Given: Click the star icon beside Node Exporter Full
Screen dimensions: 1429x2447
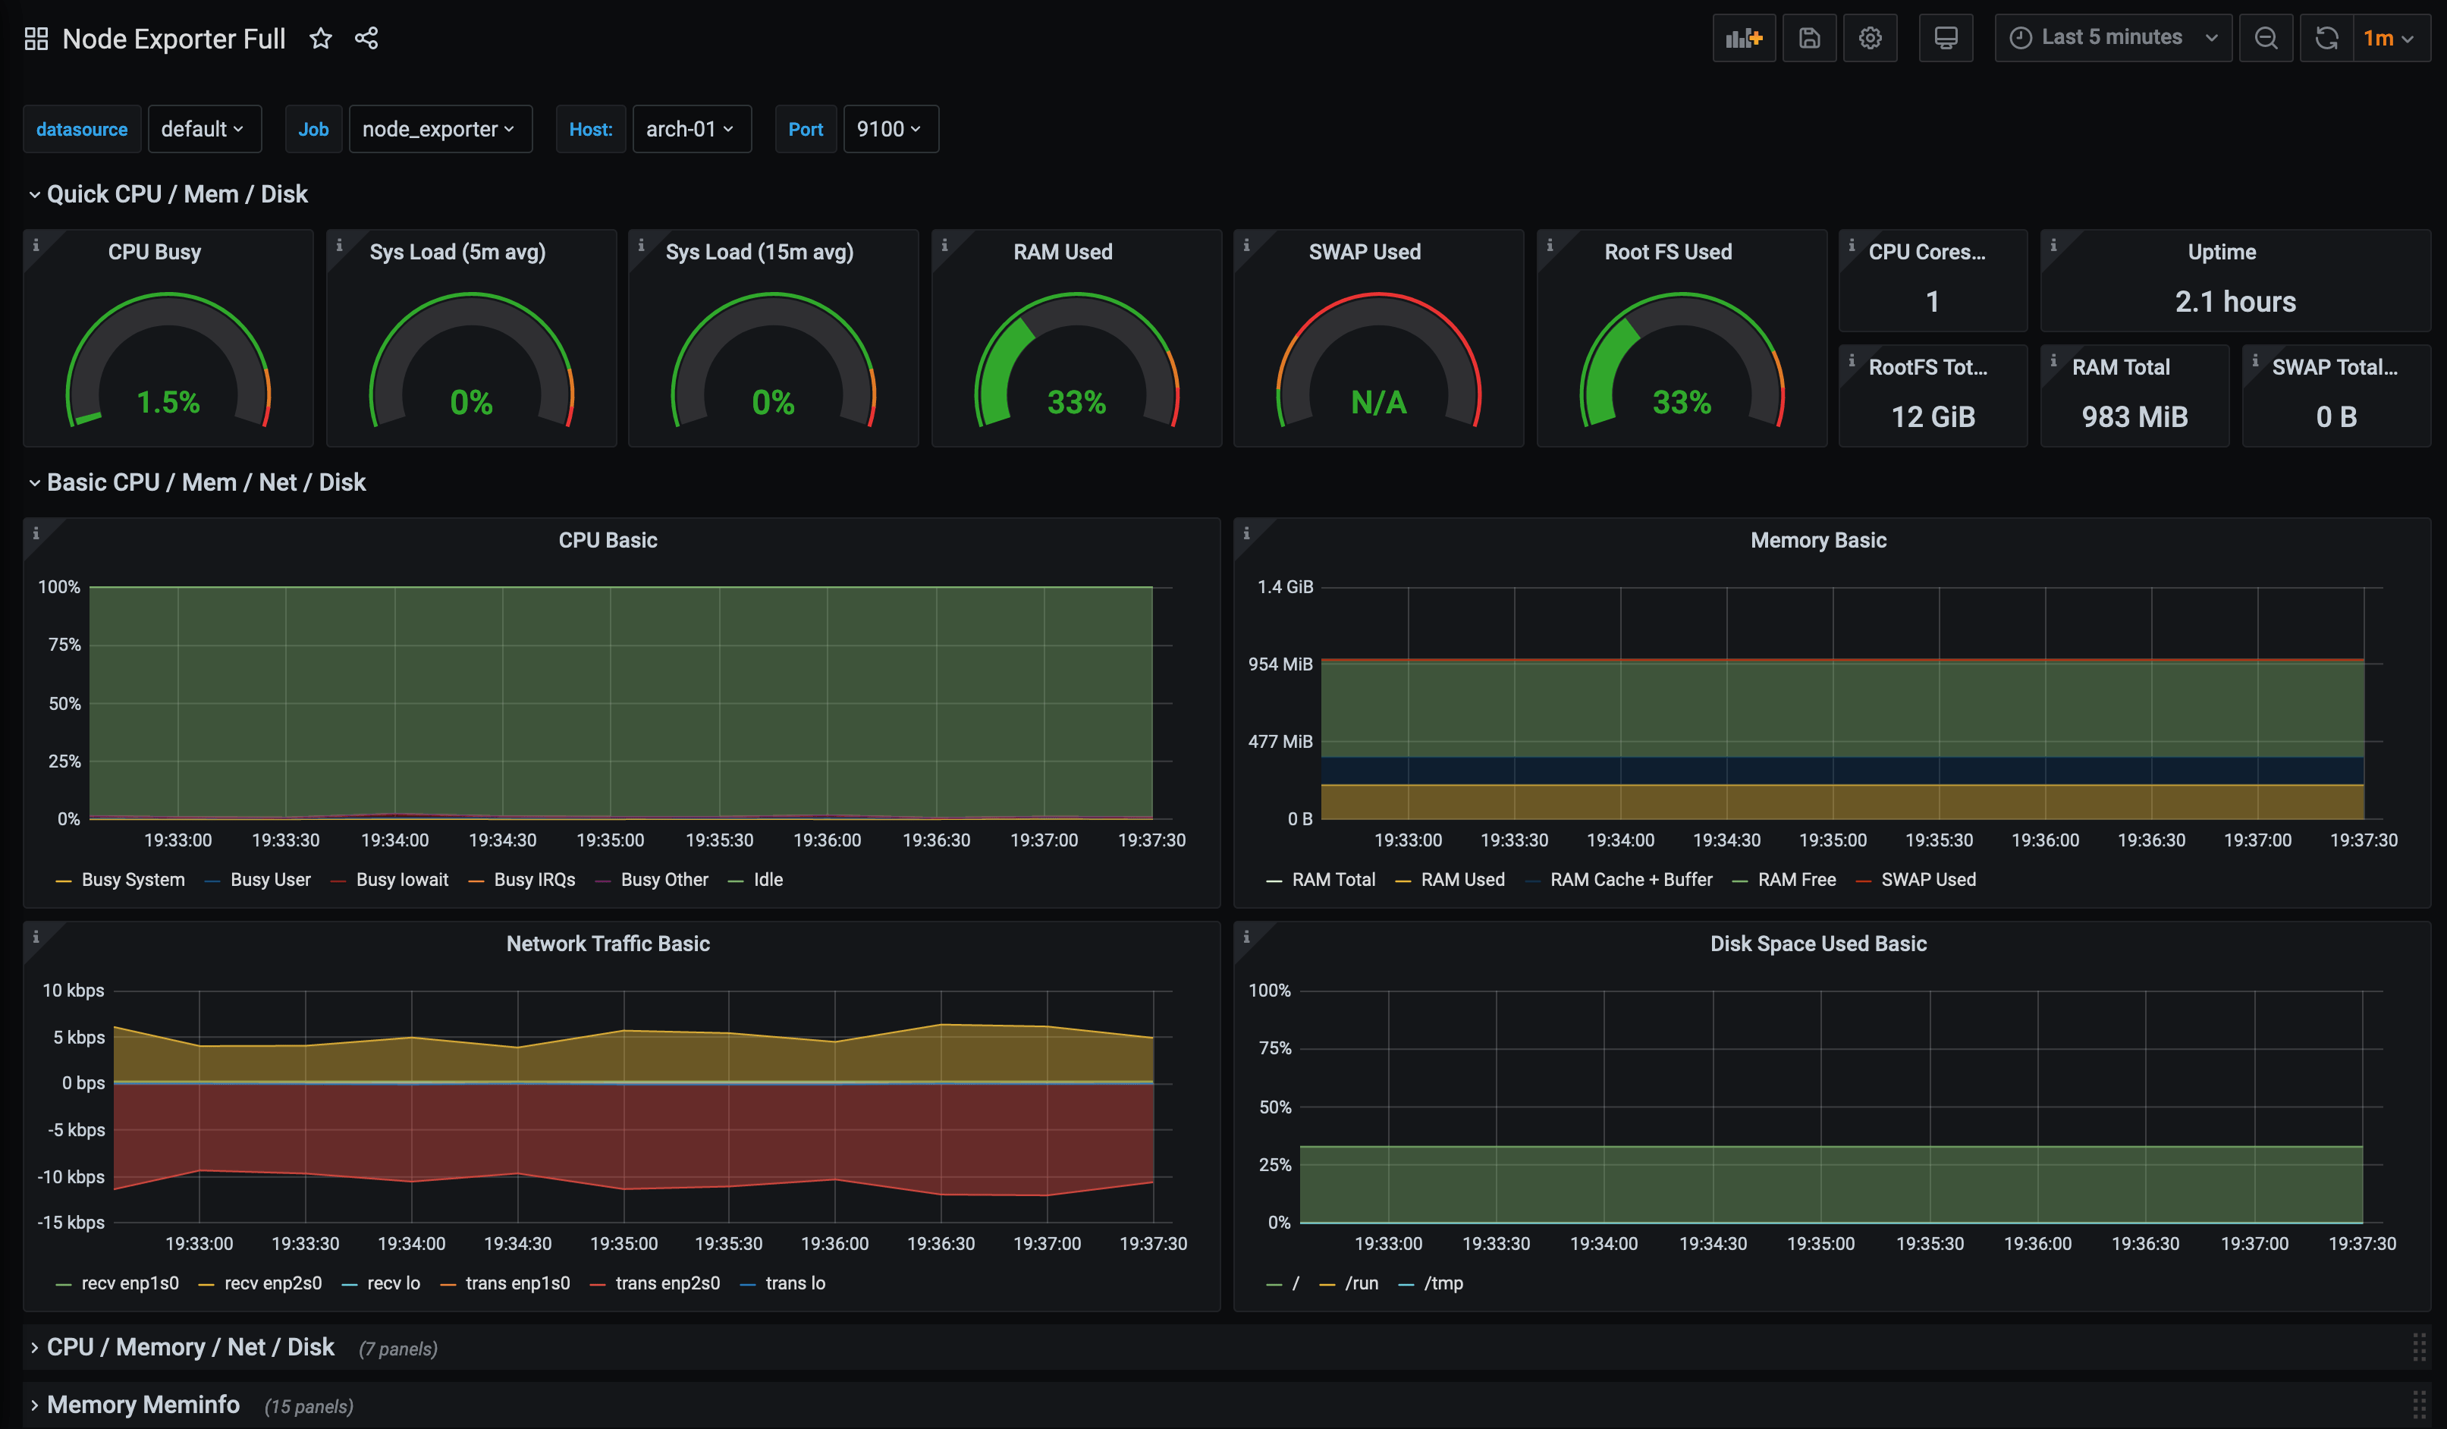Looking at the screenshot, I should point(320,39).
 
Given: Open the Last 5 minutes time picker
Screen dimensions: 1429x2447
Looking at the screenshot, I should point(2112,38).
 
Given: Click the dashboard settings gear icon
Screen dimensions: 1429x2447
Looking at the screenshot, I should point(1869,38).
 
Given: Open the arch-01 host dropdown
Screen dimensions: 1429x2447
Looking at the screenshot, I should point(690,129).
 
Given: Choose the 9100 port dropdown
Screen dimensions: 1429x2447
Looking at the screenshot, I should point(888,129).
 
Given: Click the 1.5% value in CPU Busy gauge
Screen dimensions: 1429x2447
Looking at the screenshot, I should point(168,402).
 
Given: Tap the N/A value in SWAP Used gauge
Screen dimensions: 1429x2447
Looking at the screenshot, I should point(1378,402).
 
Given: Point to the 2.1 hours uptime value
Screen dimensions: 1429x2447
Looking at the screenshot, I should point(2235,302).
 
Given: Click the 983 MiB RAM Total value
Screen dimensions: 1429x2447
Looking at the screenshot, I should point(2134,416).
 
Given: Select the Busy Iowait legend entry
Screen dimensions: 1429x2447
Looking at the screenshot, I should point(401,880).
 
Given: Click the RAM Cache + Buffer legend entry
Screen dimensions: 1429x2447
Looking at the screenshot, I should point(1630,880).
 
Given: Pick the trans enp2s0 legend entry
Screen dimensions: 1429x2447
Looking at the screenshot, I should point(667,1283).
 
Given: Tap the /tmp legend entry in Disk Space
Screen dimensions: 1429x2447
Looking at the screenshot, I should point(1442,1283).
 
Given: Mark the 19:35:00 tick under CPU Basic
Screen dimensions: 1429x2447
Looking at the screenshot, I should point(610,840).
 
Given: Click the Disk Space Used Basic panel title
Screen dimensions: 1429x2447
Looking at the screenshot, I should point(1817,944).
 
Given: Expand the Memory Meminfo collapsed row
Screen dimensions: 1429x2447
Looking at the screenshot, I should point(143,1405).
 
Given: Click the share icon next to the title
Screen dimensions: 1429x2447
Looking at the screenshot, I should point(366,39).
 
